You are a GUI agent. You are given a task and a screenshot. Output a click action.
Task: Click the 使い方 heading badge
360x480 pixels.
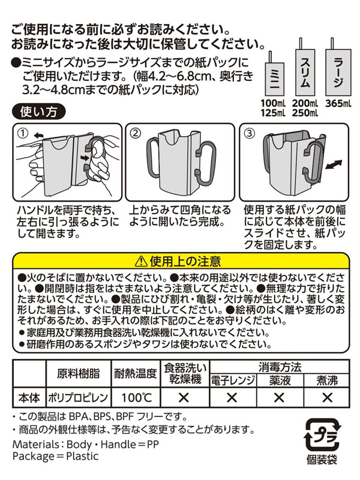(x=38, y=112)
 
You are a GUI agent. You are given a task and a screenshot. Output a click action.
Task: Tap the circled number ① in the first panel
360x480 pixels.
(x=23, y=133)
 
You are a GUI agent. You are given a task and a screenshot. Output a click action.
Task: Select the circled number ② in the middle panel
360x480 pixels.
(x=136, y=133)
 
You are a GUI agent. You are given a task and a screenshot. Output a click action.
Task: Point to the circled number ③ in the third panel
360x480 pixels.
(x=250, y=133)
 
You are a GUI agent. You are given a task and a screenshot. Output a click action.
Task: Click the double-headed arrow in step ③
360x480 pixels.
(x=333, y=165)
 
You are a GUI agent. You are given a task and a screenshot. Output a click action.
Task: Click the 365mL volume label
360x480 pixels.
(x=338, y=103)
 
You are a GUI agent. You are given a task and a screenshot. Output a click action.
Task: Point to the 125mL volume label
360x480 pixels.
(x=273, y=113)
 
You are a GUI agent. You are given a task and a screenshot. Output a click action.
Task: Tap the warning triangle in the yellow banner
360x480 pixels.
(x=141, y=262)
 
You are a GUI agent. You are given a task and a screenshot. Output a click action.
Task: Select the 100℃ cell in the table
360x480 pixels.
(x=137, y=398)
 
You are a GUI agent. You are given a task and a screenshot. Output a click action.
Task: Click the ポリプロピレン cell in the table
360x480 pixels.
(x=78, y=398)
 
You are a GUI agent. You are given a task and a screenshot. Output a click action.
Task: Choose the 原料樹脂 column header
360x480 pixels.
(x=78, y=373)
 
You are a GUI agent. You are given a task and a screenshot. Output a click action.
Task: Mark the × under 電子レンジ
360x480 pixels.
(x=232, y=398)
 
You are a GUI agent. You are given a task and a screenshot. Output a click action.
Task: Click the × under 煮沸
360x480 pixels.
(x=327, y=398)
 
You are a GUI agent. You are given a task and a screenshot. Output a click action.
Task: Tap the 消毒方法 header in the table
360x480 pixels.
(x=280, y=367)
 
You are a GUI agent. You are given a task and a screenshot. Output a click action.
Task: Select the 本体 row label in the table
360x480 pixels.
(x=29, y=398)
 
